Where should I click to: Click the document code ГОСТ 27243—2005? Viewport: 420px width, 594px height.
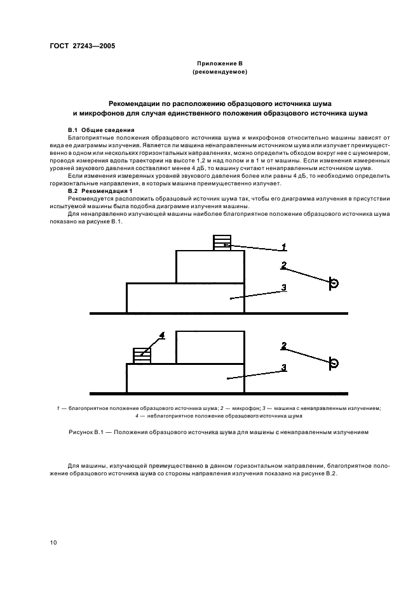[83, 46]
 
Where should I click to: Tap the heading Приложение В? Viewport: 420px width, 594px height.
[220, 63]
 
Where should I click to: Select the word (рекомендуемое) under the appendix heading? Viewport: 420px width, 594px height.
[220, 72]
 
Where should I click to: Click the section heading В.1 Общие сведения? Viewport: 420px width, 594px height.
[98, 130]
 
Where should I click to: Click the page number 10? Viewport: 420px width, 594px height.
[53, 543]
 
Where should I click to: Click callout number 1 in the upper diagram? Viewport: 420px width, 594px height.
[284, 247]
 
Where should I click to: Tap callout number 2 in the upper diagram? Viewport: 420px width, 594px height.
[284, 265]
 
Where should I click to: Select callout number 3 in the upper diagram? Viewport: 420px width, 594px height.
[284, 288]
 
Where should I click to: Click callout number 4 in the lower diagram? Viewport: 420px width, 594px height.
[162, 335]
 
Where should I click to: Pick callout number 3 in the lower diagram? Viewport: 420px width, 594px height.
[284, 367]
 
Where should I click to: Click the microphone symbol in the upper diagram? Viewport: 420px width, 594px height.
[334, 283]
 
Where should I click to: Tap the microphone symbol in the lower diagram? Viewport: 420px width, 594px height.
[334, 363]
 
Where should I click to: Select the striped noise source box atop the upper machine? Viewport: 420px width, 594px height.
[222, 243]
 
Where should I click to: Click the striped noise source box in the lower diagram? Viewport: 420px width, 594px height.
[142, 356]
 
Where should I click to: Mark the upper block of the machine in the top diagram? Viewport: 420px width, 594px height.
[210, 267]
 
